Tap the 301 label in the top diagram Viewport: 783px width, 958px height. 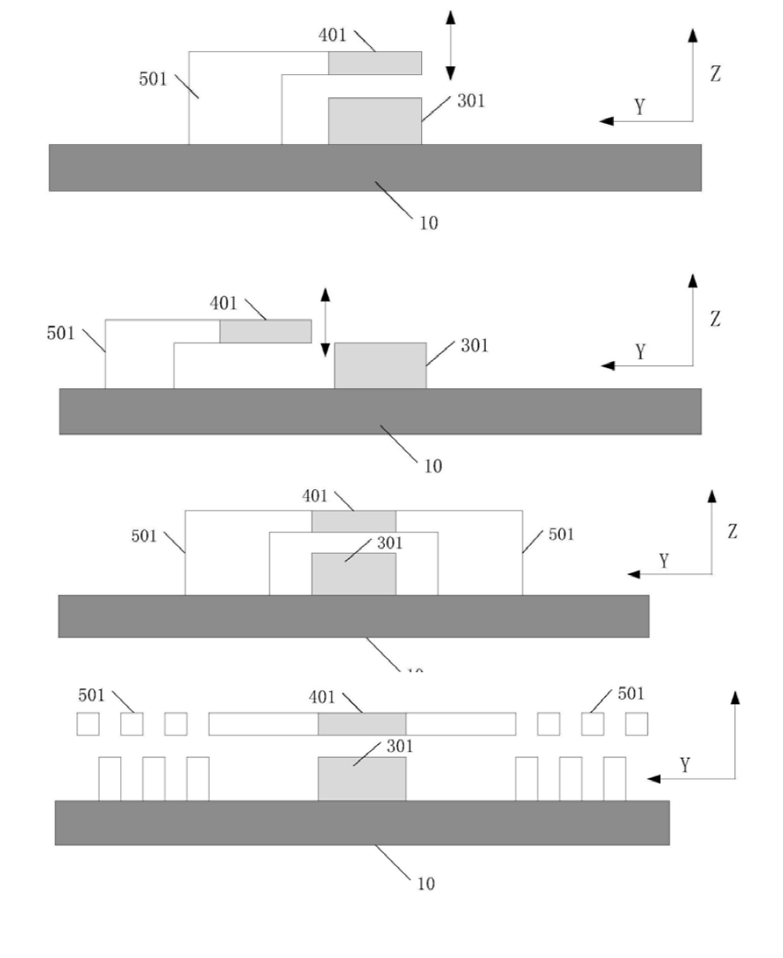(471, 101)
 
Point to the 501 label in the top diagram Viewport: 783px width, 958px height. (152, 80)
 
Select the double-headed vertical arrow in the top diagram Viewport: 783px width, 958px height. (450, 45)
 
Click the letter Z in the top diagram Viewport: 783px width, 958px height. (716, 74)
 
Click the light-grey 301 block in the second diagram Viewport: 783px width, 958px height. (380, 365)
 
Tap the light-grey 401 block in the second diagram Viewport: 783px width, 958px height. (265, 331)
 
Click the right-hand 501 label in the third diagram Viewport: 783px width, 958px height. (561, 534)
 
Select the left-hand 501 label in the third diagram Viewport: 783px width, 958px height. (145, 536)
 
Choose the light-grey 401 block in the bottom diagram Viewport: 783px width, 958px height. (362, 724)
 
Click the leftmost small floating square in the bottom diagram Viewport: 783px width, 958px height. (88, 724)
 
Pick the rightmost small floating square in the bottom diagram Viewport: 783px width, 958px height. (636, 724)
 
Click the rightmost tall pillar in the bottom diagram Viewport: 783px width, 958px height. (615, 779)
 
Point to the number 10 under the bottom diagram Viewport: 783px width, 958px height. (426, 884)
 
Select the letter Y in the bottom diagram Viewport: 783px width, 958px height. (685, 764)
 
